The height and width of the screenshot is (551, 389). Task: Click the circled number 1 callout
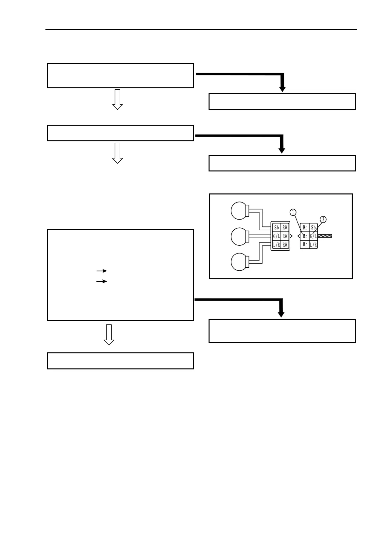coord(293,212)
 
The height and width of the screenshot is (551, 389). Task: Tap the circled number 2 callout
coord(323,219)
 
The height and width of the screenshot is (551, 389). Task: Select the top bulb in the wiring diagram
coord(240,210)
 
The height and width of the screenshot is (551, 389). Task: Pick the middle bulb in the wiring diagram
coord(240,236)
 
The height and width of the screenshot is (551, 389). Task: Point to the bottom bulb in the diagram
coord(240,262)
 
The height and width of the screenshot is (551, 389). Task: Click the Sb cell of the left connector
coord(277,227)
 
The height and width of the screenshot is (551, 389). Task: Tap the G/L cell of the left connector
coord(277,236)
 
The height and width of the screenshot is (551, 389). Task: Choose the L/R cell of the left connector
coord(277,244)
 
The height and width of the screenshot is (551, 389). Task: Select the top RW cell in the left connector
coord(285,227)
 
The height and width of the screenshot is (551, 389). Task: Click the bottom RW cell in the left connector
coord(285,244)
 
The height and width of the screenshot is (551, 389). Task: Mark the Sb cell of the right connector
coord(313,227)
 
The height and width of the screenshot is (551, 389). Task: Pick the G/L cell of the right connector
coord(313,236)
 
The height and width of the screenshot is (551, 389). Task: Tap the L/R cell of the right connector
coord(313,244)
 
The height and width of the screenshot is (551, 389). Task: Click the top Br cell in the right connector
coord(305,227)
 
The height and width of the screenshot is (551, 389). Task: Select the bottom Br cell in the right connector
coord(305,244)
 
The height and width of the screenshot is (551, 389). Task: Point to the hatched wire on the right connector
coord(325,236)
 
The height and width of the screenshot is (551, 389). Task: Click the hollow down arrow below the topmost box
coord(117,99)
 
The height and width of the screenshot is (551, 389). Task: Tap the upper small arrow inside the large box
coord(102,271)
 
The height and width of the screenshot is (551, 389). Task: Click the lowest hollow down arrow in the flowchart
coord(109,335)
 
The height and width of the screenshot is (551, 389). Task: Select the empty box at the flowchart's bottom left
coord(120,361)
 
